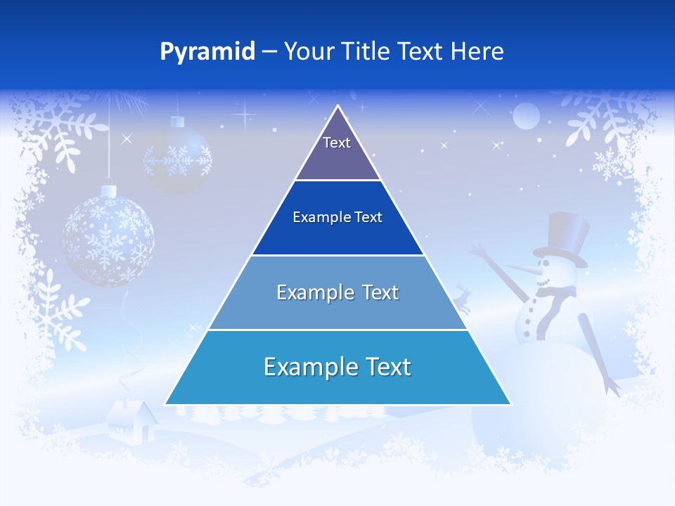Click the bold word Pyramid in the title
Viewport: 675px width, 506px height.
[207, 52]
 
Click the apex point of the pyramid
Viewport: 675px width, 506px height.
[337, 108]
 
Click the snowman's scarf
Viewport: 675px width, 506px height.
[555, 295]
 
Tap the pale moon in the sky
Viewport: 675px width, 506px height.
[525, 116]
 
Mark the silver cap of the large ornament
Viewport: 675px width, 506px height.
[108, 190]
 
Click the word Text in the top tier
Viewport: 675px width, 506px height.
[337, 143]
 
